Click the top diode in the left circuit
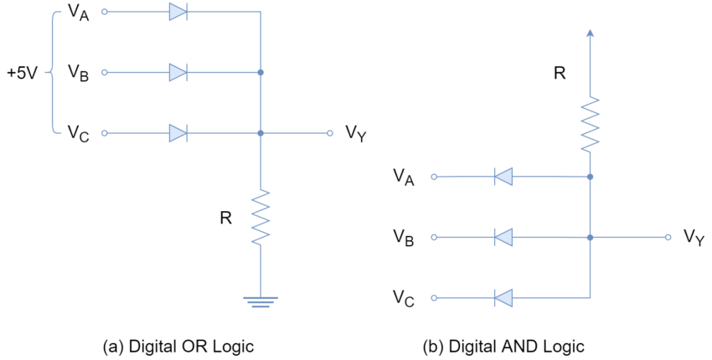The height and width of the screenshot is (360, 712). (178, 12)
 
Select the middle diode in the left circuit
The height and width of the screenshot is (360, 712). (178, 73)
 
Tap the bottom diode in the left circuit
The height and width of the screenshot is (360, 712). (178, 133)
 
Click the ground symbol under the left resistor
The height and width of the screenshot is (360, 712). (261, 301)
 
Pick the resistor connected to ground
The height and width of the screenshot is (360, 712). (261, 217)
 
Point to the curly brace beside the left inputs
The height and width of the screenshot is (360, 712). (54, 73)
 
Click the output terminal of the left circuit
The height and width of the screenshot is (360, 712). (330, 133)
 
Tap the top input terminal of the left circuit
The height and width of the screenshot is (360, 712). (105, 12)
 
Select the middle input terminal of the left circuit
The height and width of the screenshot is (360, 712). (105, 73)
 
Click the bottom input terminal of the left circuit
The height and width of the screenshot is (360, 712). (105, 133)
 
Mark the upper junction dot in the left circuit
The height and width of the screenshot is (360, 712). (261, 73)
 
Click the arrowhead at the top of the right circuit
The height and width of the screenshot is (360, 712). (590, 33)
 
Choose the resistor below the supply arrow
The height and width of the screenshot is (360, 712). (590, 124)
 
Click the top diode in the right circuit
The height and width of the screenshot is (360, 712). (503, 177)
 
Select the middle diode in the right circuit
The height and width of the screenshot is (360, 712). (503, 238)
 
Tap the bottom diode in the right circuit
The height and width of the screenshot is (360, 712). (503, 298)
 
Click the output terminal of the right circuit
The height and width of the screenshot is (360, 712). (668, 238)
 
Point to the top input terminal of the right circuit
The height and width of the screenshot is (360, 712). (434, 177)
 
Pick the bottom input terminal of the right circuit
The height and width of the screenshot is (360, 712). (434, 298)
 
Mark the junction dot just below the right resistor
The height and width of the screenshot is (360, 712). (590, 177)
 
